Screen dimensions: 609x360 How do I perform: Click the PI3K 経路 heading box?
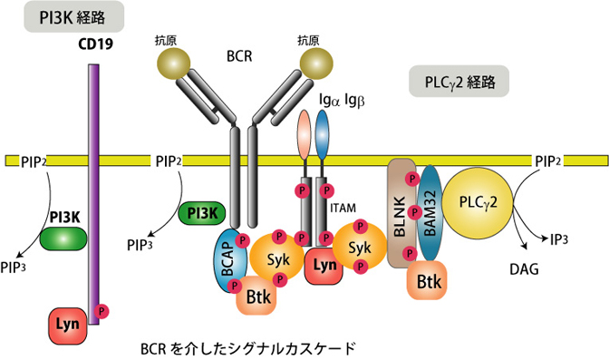pos(73,16)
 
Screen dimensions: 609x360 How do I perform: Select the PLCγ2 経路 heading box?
pos(459,81)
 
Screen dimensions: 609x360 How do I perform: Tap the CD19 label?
pos(95,44)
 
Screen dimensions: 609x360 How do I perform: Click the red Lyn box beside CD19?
pos(68,325)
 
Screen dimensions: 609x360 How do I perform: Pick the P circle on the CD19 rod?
pos(102,311)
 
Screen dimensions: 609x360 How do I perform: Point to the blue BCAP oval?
pos(230,260)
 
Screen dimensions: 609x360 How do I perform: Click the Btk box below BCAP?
pos(256,297)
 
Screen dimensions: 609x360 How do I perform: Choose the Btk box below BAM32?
pos(427,281)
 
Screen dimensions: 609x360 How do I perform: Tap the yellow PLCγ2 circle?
pos(478,202)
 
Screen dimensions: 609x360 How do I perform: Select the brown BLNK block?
pos(401,213)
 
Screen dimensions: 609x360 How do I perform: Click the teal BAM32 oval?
pos(430,213)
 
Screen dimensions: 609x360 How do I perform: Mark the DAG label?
pos(524,269)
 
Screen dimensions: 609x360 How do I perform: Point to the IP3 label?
pos(559,240)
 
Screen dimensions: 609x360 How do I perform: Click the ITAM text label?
pos(343,208)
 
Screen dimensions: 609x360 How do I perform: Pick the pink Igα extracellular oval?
pos(304,134)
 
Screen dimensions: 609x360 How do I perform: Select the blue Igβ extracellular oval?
pos(322,134)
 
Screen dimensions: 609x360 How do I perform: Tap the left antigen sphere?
pos(174,63)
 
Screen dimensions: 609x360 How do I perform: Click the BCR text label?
pos(239,56)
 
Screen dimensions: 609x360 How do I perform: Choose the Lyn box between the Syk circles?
pos(324,266)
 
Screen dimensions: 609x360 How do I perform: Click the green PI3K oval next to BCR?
pos(202,213)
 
